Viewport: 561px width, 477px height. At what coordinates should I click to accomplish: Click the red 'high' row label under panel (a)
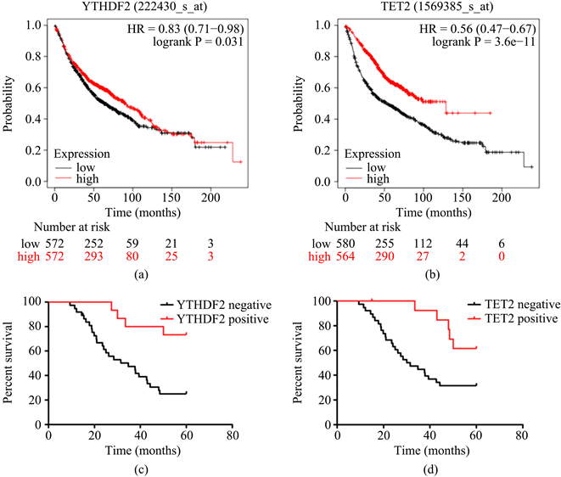coord(17,255)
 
